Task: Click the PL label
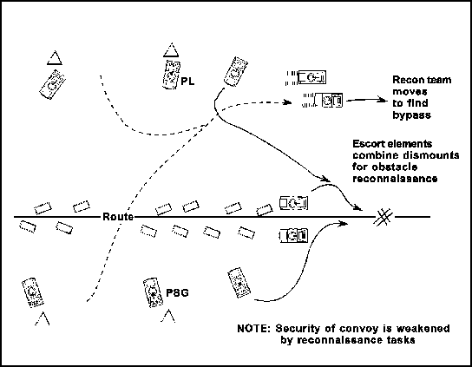(187, 82)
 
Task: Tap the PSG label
(177, 292)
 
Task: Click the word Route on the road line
(118, 216)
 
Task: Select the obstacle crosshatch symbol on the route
(383, 216)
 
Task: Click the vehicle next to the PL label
(171, 75)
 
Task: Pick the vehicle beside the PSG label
(154, 292)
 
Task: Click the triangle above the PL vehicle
(171, 50)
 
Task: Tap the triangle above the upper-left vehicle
(55, 58)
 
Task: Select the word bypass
(411, 115)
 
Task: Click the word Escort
(369, 144)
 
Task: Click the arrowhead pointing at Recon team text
(383, 100)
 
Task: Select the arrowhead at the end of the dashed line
(287, 102)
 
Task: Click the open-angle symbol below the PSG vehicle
(168, 316)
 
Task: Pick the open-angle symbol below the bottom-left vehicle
(43, 318)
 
